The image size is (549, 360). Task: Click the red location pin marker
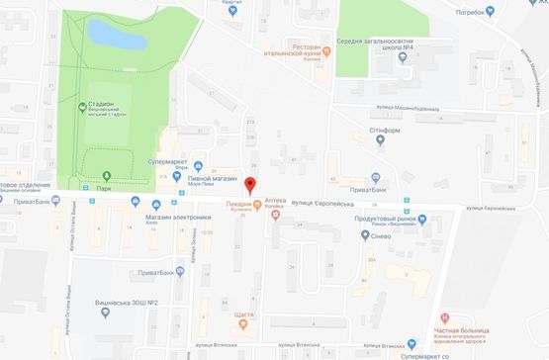pos(249,185)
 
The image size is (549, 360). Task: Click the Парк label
pos(105,187)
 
